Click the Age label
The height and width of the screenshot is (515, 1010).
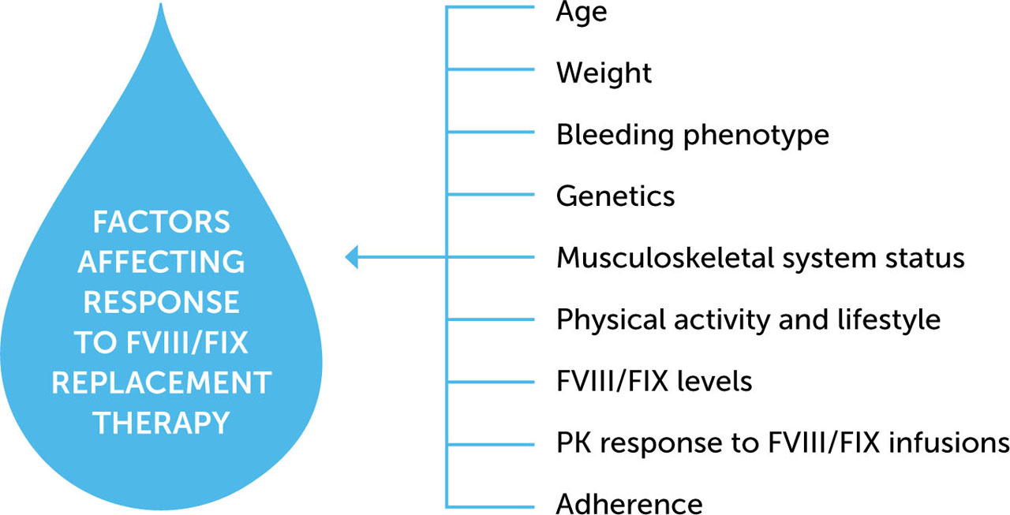[x=582, y=13]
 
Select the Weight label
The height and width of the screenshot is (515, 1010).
[x=604, y=73]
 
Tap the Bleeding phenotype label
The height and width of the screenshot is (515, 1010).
[x=692, y=135]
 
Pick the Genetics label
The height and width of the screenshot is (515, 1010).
[x=615, y=196]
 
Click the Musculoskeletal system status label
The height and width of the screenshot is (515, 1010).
[x=760, y=258]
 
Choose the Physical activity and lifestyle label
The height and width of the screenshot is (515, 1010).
[x=748, y=319]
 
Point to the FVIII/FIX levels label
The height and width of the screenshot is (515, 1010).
[x=653, y=382]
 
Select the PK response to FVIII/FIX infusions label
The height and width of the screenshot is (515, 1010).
[x=782, y=443]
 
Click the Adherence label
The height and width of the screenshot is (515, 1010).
[x=629, y=503]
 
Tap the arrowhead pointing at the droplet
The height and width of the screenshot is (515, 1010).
[x=352, y=257]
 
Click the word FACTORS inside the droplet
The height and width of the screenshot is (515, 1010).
[x=162, y=222]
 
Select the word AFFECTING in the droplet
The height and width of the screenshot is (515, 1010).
[x=162, y=263]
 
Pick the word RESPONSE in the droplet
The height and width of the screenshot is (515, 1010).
[x=162, y=303]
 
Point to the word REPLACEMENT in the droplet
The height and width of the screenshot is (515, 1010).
[x=162, y=383]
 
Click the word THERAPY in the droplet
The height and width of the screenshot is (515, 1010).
[x=162, y=424]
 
